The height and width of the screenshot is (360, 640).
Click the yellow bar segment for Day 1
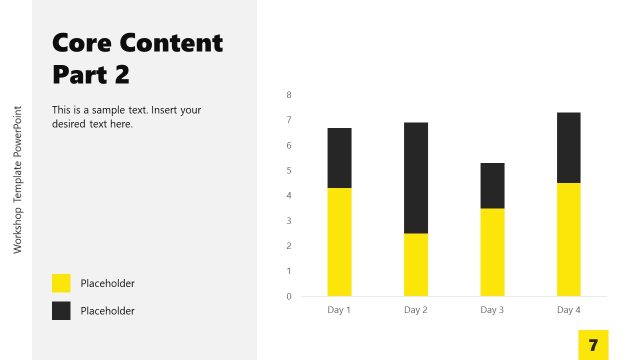[x=339, y=241]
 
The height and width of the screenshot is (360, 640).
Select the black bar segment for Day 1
[x=339, y=158]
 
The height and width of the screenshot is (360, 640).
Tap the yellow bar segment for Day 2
[x=416, y=264]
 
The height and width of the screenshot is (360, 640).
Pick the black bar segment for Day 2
[x=416, y=178]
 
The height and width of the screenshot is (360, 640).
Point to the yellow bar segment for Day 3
[x=492, y=251]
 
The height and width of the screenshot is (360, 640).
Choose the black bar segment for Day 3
[x=492, y=185]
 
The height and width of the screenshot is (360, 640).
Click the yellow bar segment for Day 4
[x=569, y=239]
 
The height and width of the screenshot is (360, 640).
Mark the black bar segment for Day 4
[x=569, y=148]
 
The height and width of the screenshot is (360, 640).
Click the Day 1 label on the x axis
[x=339, y=310]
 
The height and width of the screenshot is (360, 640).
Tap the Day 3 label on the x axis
[x=492, y=310]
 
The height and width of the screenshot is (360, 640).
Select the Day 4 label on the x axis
[x=569, y=310]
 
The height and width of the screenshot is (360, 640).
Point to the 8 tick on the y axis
[x=289, y=95]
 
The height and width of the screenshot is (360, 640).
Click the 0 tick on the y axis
[x=289, y=296]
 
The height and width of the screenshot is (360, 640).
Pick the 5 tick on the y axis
[x=289, y=171]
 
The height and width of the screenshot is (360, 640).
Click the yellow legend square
[x=61, y=283]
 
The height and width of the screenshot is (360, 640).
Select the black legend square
[x=61, y=311]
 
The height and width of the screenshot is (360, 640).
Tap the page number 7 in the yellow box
[x=593, y=345]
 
